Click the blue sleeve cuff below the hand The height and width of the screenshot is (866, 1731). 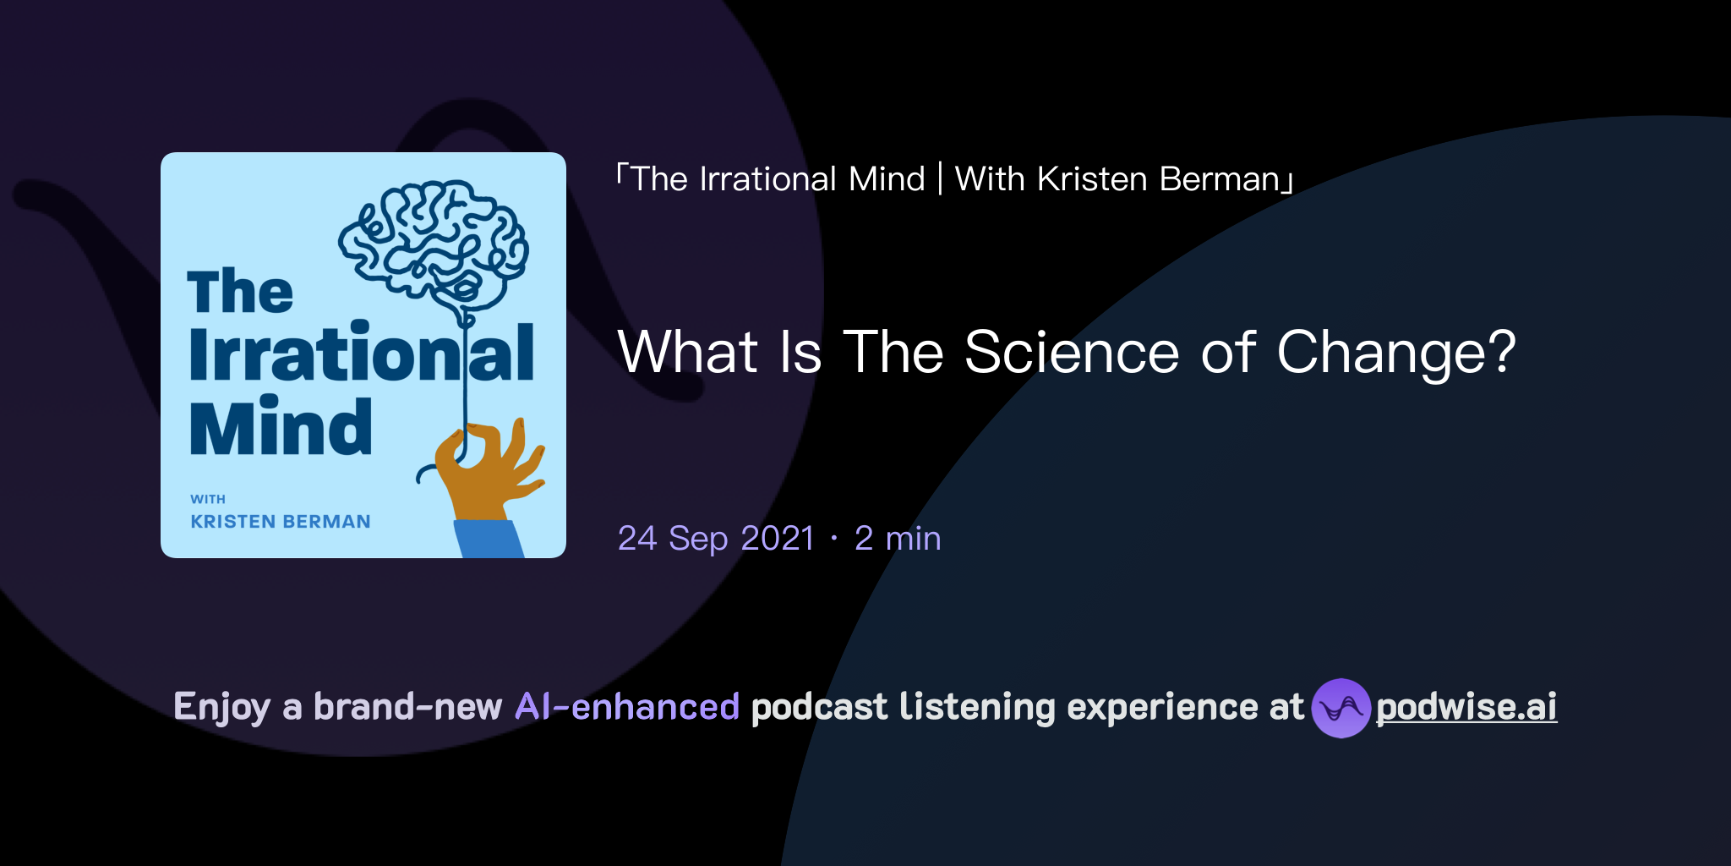[x=489, y=539]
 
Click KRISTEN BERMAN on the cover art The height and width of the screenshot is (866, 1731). [x=281, y=522]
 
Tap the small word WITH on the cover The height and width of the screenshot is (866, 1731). [x=208, y=499]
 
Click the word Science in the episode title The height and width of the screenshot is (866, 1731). [x=1071, y=353]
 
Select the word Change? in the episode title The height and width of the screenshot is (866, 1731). [x=1396, y=353]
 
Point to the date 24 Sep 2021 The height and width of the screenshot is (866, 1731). [x=716, y=539]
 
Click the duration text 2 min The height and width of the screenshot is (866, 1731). [x=898, y=539]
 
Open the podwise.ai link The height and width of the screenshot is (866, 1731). [x=1466, y=708]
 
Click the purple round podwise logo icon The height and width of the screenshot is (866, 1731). [x=1341, y=708]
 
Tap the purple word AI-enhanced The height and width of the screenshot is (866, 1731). [x=627, y=707]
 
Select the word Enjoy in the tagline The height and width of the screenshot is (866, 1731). [x=222, y=708]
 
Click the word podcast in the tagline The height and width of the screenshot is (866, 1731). [x=819, y=708]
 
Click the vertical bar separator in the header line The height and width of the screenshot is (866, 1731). [x=940, y=179]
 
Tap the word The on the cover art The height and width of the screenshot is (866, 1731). [x=240, y=292]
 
